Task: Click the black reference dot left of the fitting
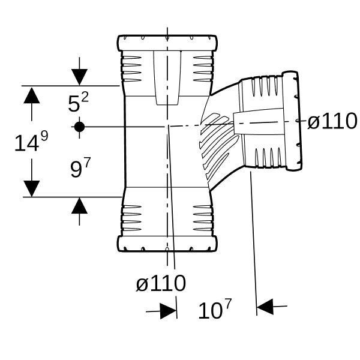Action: (79, 127)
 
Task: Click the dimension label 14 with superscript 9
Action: (31, 141)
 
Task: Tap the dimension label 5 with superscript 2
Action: (78, 103)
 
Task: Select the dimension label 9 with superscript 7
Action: (80, 167)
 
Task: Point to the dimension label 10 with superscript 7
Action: (215, 309)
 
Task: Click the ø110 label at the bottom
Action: (161, 283)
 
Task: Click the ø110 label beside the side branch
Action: (332, 121)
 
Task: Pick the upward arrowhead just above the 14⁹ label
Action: (32, 95)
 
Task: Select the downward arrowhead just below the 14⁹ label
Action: (32, 189)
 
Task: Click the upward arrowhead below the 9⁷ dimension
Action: (79, 205)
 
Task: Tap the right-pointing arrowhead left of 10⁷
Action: (169, 311)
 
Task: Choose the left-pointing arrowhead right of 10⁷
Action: (265, 307)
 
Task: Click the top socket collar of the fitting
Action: (167, 43)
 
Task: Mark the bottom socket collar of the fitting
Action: (167, 244)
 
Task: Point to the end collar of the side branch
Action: (292, 121)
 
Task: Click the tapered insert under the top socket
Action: (167, 78)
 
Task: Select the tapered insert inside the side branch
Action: (258, 122)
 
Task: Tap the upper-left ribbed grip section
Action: (131, 68)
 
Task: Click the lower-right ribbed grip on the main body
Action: (203, 218)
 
